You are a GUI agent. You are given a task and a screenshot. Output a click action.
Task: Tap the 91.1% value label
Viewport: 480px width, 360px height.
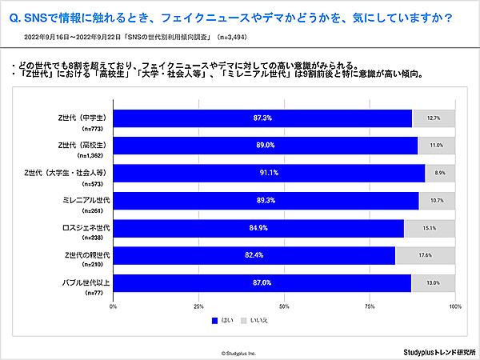coord(269,174)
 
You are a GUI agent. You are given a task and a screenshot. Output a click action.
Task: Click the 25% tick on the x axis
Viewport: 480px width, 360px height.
coord(198,306)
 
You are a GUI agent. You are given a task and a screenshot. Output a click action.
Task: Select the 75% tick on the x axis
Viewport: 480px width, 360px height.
coord(370,306)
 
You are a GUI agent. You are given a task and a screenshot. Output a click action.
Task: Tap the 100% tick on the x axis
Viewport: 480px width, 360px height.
coord(455,306)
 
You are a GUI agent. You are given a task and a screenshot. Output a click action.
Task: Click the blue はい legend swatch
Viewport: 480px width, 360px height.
coord(214,321)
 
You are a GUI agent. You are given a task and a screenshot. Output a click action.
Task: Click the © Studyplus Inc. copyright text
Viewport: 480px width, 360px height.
coord(239,351)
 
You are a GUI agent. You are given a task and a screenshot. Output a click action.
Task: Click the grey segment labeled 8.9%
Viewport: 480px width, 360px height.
coord(440,174)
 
